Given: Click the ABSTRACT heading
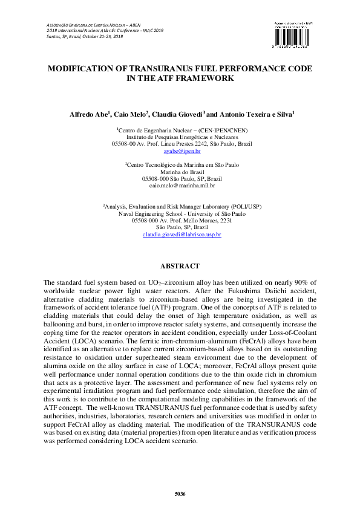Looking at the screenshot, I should coord(180,265).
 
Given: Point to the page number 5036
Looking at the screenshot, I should coord(180,494).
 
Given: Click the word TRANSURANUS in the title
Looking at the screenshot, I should coord(171,69).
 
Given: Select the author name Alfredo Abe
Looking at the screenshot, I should coord(89,114).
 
